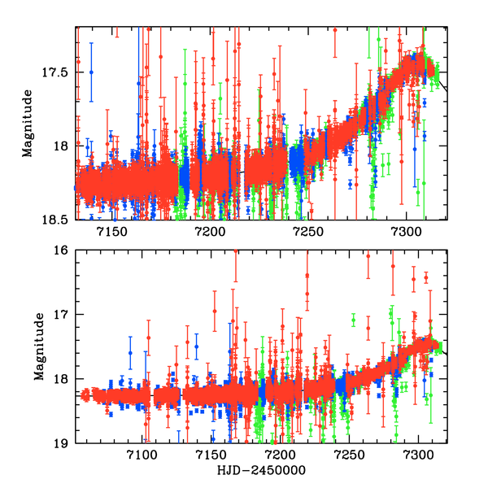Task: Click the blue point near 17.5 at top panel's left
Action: point(91,72)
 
